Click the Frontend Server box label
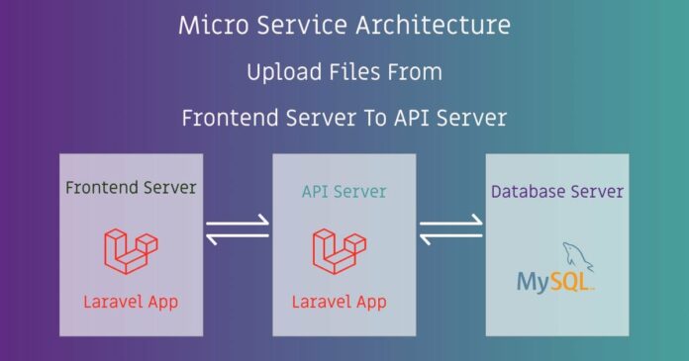[130, 187]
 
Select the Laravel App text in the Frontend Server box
[130, 301]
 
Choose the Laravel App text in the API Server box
[340, 301]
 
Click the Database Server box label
[557, 191]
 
